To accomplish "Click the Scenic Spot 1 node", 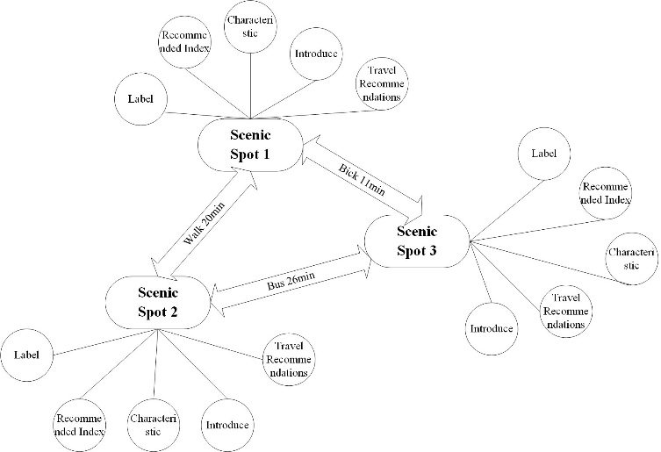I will click(250, 146).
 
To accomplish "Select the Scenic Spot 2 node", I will click(158, 302).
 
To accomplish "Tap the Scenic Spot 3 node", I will click(416, 242).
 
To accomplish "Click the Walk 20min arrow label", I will click(205, 223).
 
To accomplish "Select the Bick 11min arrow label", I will click(362, 179).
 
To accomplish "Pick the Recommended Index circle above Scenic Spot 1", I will click(184, 40).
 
